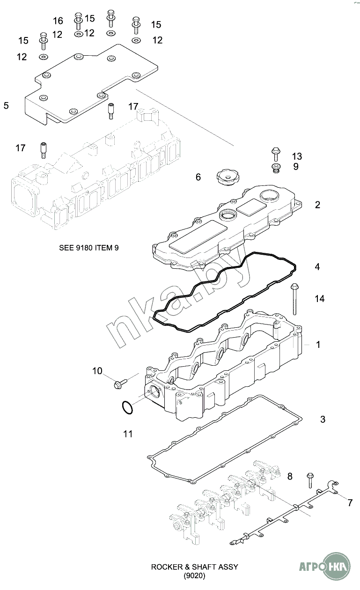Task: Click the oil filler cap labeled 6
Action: (227, 177)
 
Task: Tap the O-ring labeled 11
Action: (127, 407)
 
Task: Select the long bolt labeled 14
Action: (294, 299)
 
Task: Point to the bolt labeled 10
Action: (120, 383)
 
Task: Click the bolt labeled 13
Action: (276, 154)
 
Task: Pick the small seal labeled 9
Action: (276, 168)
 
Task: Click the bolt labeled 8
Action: (309, 480)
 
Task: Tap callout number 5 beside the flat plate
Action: (6, 105)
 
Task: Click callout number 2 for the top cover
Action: (317, 205)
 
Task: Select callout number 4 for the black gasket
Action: (317, 267)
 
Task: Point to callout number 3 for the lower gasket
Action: (323, 419)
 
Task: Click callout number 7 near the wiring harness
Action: (350, 503)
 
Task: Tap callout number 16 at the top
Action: (58, 21)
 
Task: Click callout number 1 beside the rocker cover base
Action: (318, 345)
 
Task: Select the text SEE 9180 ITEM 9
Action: (89, 248)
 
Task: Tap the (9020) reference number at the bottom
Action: (194, 576)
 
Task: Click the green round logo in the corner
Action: (337, 566)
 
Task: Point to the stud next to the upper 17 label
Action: (110, 111)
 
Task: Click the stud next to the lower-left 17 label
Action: (44, 150)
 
